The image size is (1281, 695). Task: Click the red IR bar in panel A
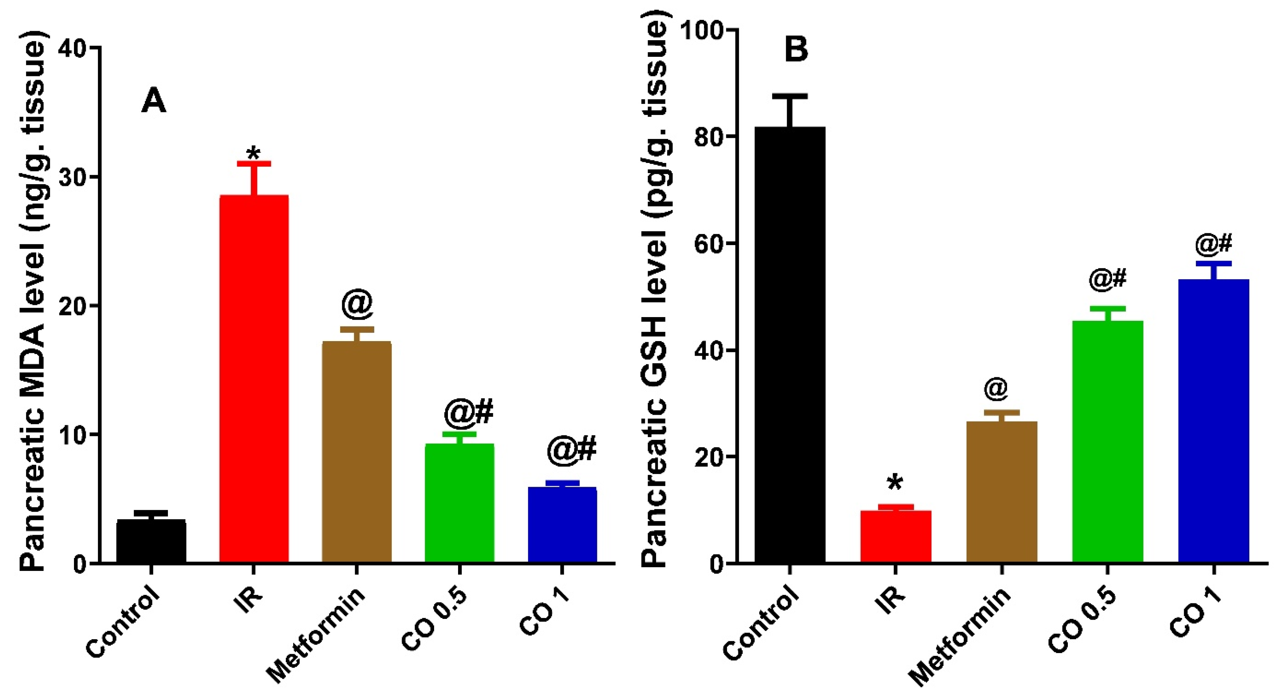[x=254, y=378]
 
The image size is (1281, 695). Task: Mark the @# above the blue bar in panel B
[x=1214, y=244]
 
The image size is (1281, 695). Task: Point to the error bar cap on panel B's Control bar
[x=790, y=96]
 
